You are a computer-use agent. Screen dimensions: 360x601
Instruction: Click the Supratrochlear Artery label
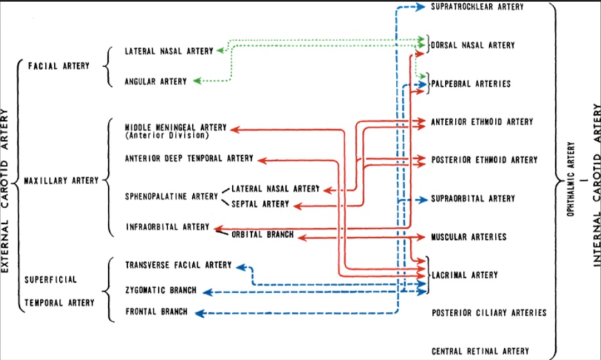click(x=477, y=7)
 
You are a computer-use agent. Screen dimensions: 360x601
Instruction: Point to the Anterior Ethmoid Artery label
click(x=481, y=122)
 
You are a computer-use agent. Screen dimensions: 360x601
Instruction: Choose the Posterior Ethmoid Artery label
click(x=484, y=159)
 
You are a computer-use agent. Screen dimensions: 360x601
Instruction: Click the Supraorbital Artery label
click(x=473, y=199)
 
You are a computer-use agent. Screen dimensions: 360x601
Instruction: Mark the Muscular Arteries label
click(x=469, y=237)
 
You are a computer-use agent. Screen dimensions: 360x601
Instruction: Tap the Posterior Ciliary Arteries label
click(x=489, y=312)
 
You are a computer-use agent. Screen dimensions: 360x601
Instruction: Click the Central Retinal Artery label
click(x=480, y=351)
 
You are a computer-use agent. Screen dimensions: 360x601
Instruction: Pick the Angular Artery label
click(x=156, y=82)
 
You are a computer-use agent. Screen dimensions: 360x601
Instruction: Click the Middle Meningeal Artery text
click(x=175, y=127)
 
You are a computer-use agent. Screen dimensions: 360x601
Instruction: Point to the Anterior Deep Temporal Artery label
click(x=189, y=158)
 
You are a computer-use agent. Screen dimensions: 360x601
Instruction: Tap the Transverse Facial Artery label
click(x=179, y=265)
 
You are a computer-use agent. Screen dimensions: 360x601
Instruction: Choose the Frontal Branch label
click(x=157, y=312)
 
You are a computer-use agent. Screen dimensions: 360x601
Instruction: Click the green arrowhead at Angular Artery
click(x=197, y=81)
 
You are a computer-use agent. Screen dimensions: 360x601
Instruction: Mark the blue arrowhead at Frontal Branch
click(x=199, y=312)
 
